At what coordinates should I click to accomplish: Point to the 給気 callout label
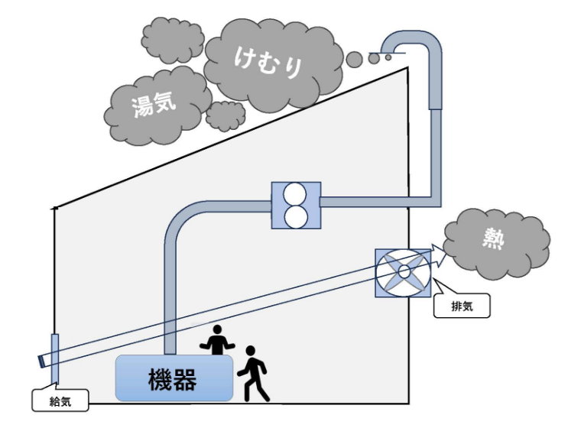tap(59, 398)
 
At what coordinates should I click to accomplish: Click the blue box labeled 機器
tap(174, 378)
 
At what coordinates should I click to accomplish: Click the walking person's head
tap(249, 352)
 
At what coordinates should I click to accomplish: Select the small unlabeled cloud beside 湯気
tap(226, 115)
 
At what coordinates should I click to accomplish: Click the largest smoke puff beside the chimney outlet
tap(355, 59)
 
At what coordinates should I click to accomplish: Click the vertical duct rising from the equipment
tap(170, 298)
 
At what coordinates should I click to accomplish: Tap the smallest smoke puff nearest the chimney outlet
tap(388, 57)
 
